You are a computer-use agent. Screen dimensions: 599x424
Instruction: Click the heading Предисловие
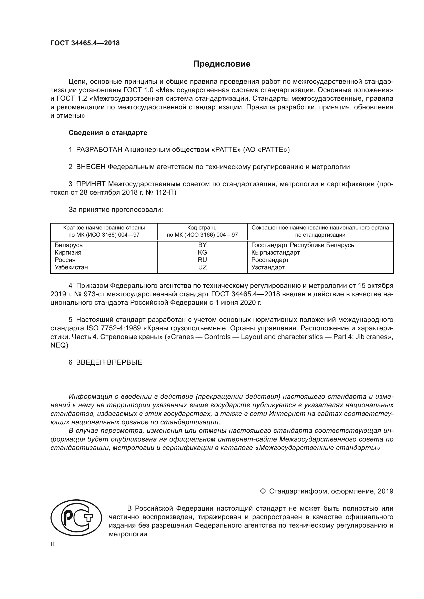point(222,64)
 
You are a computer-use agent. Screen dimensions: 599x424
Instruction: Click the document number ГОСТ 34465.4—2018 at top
point(85,43)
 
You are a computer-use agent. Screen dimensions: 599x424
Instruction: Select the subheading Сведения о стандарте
point(108,133)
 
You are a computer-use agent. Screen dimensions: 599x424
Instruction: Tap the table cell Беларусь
point(68,245)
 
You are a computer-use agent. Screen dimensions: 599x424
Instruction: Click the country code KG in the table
point(202,252)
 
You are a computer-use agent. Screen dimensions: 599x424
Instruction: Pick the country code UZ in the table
point(202,267)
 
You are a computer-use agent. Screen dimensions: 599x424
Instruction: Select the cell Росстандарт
point(270,260)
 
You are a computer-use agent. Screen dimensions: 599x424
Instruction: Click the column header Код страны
point(202,227)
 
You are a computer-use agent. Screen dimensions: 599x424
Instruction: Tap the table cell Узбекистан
point(71,267)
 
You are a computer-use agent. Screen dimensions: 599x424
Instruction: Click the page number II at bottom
point(52,544)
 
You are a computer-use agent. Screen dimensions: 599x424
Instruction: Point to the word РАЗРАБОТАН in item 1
point(99,150)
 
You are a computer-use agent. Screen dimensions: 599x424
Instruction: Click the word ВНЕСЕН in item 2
point(90,167)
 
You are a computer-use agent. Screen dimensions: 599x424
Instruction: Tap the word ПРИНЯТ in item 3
point(90,184)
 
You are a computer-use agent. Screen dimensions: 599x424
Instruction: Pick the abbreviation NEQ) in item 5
point(59,345)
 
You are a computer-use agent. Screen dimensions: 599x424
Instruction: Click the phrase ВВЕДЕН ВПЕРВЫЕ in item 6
point(109,362)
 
